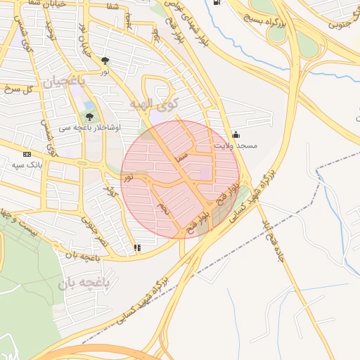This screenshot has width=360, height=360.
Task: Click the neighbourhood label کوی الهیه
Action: [x=154, y=104]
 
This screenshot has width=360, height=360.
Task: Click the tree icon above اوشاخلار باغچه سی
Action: [x=89, y=117]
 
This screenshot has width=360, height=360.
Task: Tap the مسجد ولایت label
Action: [x=237, y=146]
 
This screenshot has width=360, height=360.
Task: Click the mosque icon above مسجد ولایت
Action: [x=236, y=134]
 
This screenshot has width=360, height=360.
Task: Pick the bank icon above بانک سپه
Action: [x=27, y=154]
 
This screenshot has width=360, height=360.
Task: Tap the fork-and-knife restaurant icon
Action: [x=137, y=247]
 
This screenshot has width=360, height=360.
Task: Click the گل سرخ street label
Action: [x=18, y=89]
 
